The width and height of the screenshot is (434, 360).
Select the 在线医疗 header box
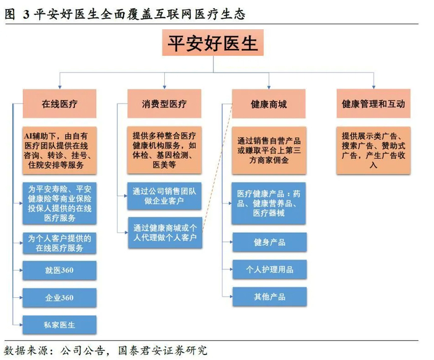[60, 104]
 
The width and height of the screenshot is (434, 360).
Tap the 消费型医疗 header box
[164, 104]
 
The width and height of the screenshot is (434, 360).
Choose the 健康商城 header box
[269, 104]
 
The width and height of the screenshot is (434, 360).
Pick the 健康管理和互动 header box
[373, 104]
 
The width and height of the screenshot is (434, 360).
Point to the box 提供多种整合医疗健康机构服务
[164, 151]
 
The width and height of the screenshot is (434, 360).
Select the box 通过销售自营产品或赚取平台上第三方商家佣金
[269, 151]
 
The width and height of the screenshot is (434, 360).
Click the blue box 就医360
[60, 271]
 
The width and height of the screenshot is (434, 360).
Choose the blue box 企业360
[60, 298]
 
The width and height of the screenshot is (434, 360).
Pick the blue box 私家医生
[60, 325]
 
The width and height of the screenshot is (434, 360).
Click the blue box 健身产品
[269, 243]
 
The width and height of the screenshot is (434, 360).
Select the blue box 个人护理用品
[269, 269]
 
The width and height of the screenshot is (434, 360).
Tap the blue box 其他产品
[269, 297]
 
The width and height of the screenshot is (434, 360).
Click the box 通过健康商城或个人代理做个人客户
[164, 233]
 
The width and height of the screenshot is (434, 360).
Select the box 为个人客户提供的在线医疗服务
[60, 243]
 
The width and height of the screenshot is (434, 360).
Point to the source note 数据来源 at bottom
[105, 349]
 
